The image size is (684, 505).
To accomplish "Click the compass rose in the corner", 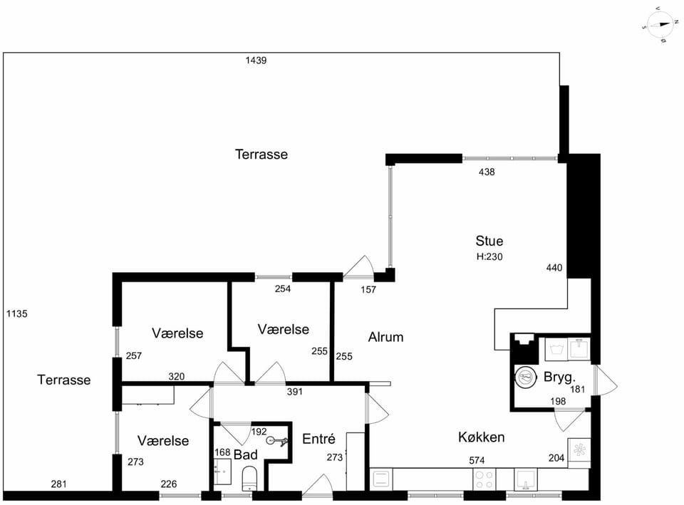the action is tap(660, 25).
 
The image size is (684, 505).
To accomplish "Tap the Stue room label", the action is tap(489, 241).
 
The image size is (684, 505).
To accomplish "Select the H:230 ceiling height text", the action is tap(489, 257).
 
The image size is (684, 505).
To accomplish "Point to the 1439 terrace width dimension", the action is tap(256, 61).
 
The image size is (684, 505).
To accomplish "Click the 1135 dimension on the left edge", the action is tap(17, 313).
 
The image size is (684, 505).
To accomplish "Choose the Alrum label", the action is tap(385, 337).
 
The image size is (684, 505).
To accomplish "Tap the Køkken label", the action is tap(481, 437).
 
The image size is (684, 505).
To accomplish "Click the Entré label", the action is tap(318, 439).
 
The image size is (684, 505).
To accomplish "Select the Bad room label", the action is tap(246, 455).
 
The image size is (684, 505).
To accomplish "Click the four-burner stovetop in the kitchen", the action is tap(484, 479).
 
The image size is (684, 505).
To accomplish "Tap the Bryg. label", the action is tap(560, 378).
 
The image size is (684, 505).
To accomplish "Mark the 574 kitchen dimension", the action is tap(477, 461).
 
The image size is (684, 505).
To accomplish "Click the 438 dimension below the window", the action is tap(487, 172).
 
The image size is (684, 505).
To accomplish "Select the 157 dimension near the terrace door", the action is tap(368, 290).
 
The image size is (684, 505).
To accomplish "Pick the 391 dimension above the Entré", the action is tap(295, 392).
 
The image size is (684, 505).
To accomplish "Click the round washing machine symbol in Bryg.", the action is tap(525, 378).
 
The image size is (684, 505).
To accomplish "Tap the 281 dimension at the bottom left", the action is tap(59, 484).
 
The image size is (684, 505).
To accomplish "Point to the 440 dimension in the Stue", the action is tap(554, 268).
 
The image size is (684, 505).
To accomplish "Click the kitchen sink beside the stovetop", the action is tap(526, 479).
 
